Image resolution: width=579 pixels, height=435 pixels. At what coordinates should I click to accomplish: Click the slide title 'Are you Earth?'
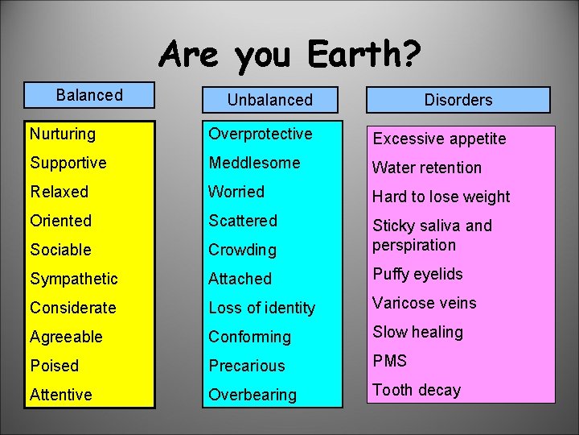pyautogui.click(x=289, y=56)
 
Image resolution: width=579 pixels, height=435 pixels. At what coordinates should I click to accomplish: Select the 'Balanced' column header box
pyautogui.click(x=89, y=95)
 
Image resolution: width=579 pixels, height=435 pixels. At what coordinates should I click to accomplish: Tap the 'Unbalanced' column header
pyautogui.click(x=269, y=100)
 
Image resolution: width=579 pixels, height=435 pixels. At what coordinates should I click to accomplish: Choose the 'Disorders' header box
pyautogui.click(x=458, y=100)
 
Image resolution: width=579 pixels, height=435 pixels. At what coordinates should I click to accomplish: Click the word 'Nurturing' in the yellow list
pyautogui.click(x=63, y=134)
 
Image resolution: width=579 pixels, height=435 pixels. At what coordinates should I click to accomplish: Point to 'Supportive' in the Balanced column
pyautogui.click(x=68, y=163)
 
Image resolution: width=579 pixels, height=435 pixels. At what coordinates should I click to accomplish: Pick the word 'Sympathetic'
pyautogui.click(x=74, y=279)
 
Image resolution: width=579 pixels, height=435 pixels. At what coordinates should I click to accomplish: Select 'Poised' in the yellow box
pyautogui.click(x=55, y=366)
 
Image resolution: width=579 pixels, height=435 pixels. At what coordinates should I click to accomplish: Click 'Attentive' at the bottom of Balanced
pyautogui.click(x=61, y=395)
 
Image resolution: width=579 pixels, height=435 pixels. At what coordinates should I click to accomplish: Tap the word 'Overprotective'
pyautogui.click(x=261, y=134)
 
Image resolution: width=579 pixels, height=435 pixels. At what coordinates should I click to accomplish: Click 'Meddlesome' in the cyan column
pyautogui.click(x=254, y=163)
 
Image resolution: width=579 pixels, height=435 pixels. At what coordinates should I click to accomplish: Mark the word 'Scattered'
pyautogui.click(x=243, y=221)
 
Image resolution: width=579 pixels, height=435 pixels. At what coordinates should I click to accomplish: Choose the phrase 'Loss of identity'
pyautogui.click(x=262, y=308)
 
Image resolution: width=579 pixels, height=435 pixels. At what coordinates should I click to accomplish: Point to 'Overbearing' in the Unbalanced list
pyautogui.click(x=253, y=395)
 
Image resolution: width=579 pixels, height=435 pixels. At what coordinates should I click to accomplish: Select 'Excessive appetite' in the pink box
pyautogui.click(x=439, y=139)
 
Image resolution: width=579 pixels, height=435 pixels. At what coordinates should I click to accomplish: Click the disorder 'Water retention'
pyautogui.click(x=426, y=168)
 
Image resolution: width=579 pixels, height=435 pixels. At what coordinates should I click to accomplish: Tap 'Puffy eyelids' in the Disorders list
pyautogui.click(x=417, y=274)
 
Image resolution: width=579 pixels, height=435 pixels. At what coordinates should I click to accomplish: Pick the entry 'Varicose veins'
pyautogui.click(x=424, y=303)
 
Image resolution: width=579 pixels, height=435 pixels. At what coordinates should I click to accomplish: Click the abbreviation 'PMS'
pyautogui.click(x=389, y=361)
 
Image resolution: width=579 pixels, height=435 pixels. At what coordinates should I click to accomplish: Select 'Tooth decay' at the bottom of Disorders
pyautogui.click(x=417, y=390)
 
